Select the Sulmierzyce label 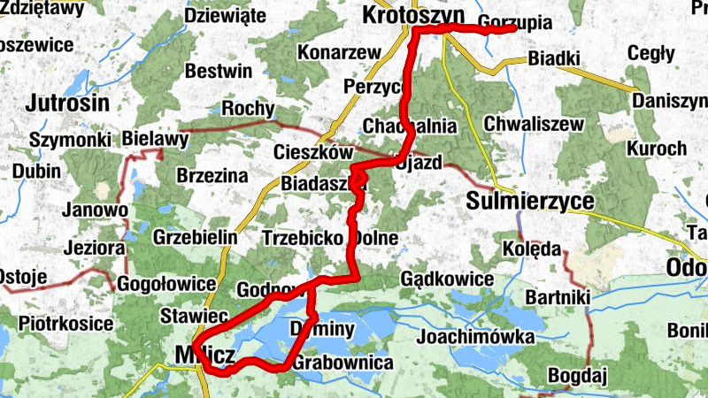529,202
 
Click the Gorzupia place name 513,21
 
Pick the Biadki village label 553,59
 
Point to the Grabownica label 342,363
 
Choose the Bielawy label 156,139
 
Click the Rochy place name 249,109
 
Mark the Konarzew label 332,52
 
